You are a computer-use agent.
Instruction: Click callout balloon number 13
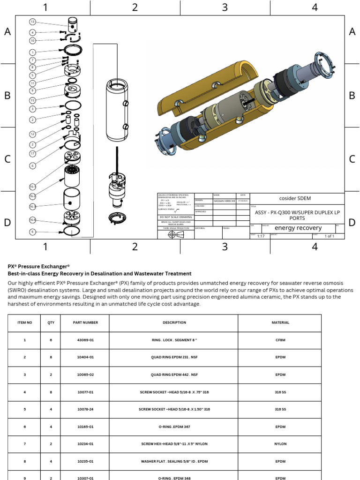32,22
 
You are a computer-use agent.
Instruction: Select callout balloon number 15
32,100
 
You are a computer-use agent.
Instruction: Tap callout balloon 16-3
32,206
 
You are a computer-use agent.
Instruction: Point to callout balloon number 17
32,153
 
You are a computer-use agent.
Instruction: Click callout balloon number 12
32,134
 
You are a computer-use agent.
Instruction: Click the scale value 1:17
261,236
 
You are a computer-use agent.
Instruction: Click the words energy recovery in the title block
298,228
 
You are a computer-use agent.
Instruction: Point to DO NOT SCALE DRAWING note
176,217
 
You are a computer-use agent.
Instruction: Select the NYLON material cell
280,443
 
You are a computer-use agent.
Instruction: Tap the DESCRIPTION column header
174,322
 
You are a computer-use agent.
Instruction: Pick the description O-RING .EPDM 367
174,427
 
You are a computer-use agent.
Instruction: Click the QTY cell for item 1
51,339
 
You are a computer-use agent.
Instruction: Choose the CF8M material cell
280,339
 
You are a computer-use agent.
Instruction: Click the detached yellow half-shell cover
206,88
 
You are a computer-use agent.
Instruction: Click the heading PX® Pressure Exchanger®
39,265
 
